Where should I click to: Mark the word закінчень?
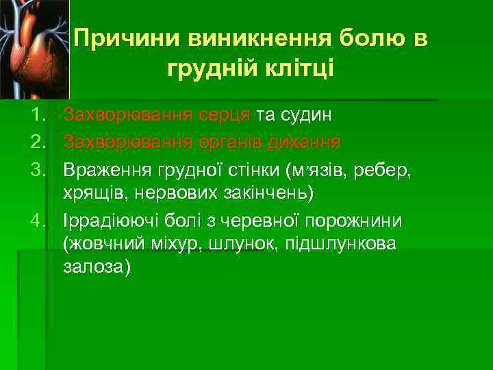(266, 195)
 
